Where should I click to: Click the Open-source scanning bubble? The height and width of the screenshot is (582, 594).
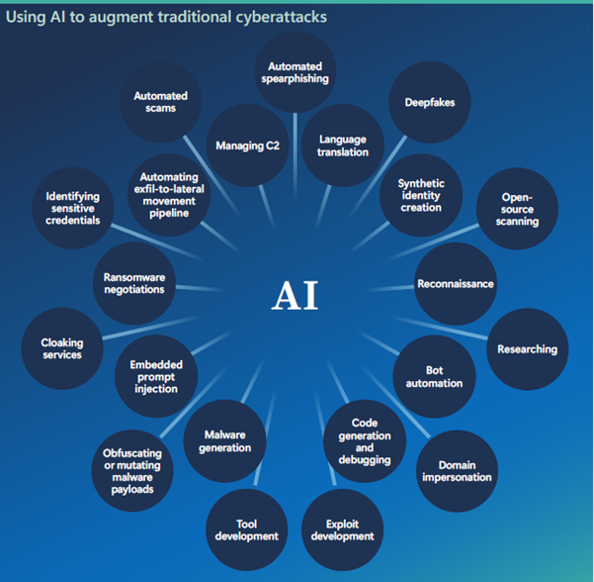pyautogui.click(x=518, y=209)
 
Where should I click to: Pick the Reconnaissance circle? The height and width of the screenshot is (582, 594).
pyautogui.click(x=455, y=284)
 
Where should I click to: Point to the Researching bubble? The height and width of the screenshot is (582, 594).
pyautogui.click(x=527, y=348)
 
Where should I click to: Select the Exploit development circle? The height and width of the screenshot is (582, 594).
pyautogui.click(x=342, y=529)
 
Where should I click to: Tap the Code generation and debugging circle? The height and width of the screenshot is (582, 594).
pyautogui.click(x=364, y=441)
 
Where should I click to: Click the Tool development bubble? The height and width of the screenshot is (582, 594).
pyautogui.click(x=247, y=529)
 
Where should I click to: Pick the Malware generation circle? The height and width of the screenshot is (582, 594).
pyautogui.click(x=227, y=440)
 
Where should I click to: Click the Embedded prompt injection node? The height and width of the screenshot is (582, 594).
pyautogui.click(x=155, y=376)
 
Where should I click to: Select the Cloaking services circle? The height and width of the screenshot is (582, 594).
pyautogui.click(x=62, y=348)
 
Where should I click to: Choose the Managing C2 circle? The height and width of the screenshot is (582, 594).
pyautogui.click(x=247, y=145)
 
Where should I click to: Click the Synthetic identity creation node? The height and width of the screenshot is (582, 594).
pyautogui.click(x=421, y=194)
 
